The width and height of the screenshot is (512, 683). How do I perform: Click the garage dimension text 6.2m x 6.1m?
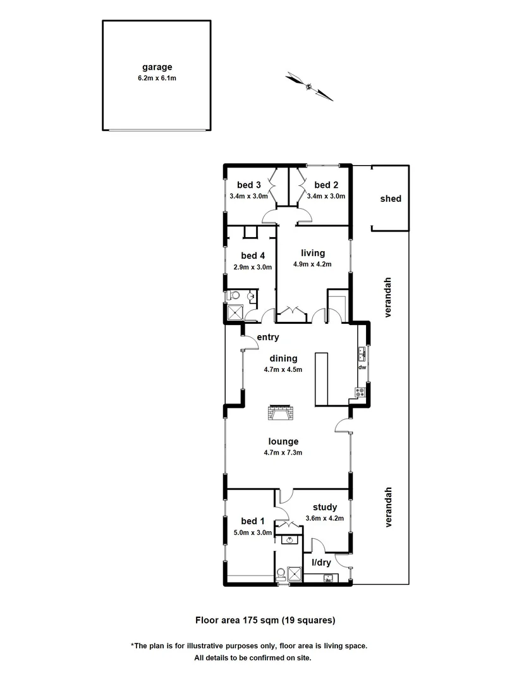coord(157,78)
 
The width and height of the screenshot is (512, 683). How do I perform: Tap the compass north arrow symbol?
coord(309,87)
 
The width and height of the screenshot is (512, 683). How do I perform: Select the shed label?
coord(390,199)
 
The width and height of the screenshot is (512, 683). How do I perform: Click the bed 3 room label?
coord(249,185)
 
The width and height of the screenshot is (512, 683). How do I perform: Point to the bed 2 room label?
coord(326,185)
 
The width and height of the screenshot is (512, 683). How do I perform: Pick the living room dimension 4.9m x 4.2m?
coord(312,264)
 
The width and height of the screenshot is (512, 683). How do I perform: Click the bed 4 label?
coord(253,256)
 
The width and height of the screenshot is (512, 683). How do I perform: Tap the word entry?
coord(268,338)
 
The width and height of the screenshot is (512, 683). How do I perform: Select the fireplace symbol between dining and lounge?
coord(281,414)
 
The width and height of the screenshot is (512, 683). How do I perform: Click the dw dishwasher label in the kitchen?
coord(362,367)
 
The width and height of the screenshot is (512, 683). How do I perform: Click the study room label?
coord(325,507)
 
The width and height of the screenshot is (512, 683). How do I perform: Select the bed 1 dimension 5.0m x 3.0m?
coord(252,532)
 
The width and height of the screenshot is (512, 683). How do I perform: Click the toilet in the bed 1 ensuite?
coord(281,574)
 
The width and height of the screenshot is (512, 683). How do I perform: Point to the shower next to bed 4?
coord(235,313)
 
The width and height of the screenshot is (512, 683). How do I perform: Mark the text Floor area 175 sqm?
coord(236,620)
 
